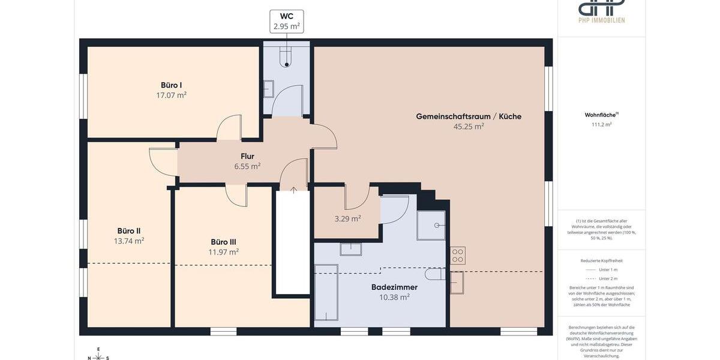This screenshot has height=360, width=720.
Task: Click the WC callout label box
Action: [287, 21]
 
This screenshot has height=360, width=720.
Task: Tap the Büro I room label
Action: [171, 85]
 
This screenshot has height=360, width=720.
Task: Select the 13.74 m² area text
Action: [129, 241]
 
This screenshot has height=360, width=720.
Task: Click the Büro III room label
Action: [223, 242]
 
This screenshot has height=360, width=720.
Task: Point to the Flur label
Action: [247, 157]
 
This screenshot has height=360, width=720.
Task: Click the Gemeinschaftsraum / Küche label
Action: [469, 116]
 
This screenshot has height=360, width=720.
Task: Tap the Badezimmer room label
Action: [394, 287]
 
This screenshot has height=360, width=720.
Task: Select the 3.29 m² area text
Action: [347, 219]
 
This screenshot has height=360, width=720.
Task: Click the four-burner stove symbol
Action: [457, 256]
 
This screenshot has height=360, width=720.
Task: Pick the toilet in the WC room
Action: [287, 58]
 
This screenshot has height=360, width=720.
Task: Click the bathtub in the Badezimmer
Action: [326, 292]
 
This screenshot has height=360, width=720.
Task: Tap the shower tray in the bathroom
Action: [431, 226]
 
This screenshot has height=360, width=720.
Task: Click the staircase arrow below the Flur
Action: [293, 191]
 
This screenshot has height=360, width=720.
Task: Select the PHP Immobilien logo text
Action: [601, 20]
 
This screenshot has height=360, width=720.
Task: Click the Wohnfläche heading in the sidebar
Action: [601, 115]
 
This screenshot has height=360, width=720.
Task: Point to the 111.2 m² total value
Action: [601, 125]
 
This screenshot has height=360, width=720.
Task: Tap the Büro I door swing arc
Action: [229, 128]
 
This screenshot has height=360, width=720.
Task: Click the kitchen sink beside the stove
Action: [457, 283]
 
